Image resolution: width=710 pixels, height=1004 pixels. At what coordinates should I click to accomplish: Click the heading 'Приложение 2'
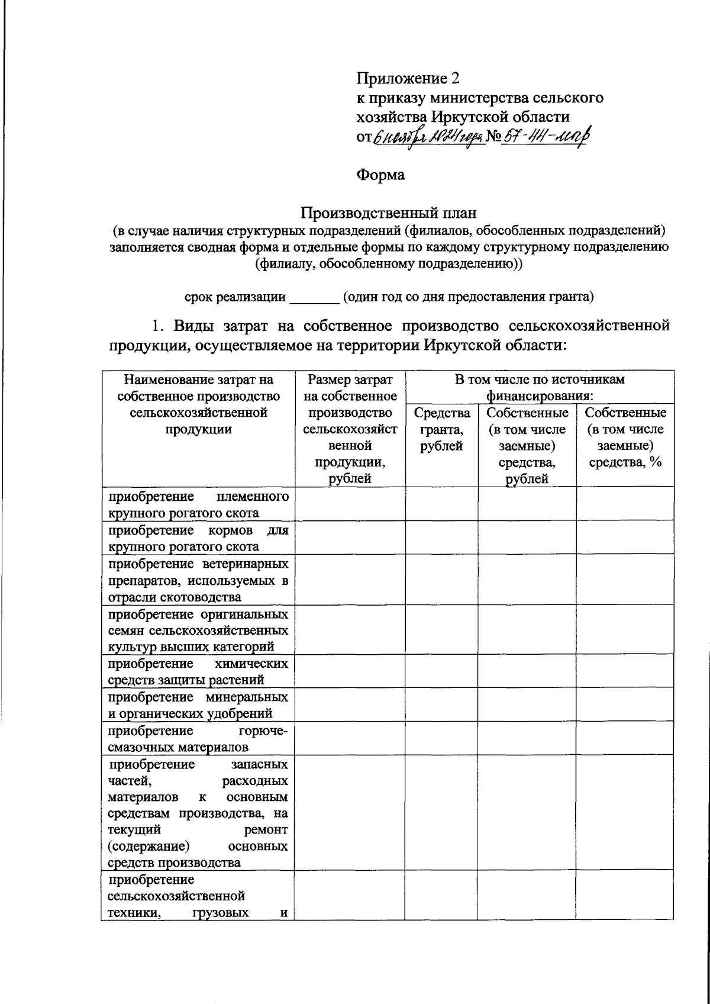point(408,78)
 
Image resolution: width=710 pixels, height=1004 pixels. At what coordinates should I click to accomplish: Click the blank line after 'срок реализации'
point(314,297)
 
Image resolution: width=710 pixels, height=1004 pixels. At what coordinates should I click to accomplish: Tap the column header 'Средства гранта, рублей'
point(441,429)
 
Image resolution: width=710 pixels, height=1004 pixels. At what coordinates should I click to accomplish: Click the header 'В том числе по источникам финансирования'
point(539,387)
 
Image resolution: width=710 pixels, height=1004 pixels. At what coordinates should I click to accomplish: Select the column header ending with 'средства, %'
point(625,437)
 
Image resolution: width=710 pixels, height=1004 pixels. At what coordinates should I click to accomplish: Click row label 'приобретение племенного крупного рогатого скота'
point(198,504)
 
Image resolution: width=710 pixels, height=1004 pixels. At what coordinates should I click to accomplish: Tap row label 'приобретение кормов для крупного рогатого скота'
point(198,538)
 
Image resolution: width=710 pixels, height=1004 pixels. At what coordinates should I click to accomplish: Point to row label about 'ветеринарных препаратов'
point(198,580)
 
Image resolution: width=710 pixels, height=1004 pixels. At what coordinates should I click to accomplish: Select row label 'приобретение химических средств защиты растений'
point(198,671)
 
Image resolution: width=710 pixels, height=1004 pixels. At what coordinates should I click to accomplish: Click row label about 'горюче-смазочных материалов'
point(198,738)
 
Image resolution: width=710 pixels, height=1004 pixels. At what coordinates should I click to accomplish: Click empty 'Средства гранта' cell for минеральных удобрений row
point(441,704)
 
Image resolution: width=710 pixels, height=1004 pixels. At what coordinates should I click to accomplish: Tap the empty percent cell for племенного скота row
point(625,504)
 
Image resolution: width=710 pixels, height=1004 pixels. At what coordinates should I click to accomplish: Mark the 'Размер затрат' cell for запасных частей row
point(349,812)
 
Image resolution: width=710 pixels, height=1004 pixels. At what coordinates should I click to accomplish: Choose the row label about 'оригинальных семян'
point(198,629)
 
